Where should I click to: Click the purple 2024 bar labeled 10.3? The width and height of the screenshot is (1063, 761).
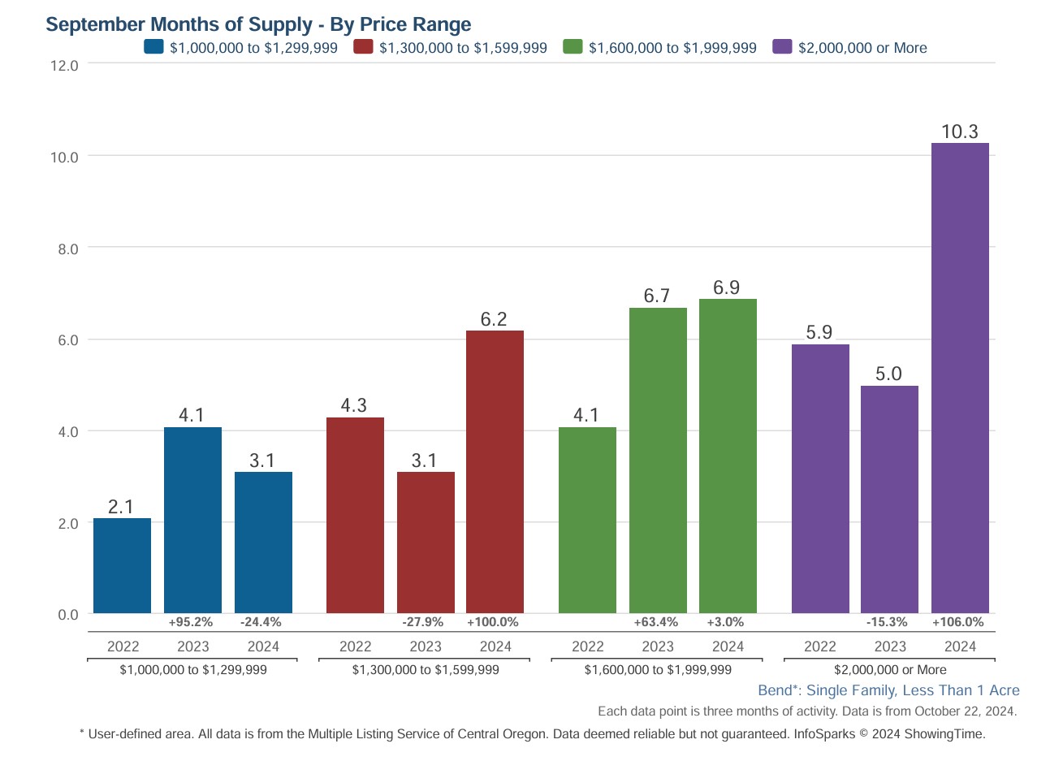click(959, 378)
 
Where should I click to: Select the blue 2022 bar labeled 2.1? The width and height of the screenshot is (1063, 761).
click(122, 565)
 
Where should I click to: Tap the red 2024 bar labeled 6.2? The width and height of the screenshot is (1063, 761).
click(495, 471)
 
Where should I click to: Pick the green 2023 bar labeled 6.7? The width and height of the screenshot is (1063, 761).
click(658, 460)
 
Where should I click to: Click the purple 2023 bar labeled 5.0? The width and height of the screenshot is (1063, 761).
click(889, 499)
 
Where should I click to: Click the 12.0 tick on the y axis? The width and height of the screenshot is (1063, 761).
click(64, 66)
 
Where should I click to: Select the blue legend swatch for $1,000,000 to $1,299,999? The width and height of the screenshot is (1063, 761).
click(153, 47)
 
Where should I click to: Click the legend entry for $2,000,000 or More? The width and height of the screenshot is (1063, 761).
click(862, 48)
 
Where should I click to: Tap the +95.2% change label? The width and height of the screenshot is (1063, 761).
click(191, 622)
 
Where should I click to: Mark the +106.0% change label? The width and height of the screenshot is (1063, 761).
click(957, 622)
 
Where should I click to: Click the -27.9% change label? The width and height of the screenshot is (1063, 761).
click(423, 622)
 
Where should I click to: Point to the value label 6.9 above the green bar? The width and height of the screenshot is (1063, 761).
click(727, 288)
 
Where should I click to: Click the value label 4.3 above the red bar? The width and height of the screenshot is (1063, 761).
click(354, 405)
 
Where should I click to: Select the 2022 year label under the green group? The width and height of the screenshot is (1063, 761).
click(587, 646)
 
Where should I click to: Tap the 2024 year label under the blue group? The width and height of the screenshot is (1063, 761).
click(262, 646)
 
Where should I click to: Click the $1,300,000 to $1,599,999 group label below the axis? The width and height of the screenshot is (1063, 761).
click(425, 670)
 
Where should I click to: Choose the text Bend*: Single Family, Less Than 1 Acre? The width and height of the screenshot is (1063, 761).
click(888, 690)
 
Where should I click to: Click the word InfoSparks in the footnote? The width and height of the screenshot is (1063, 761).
click(824, 734)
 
